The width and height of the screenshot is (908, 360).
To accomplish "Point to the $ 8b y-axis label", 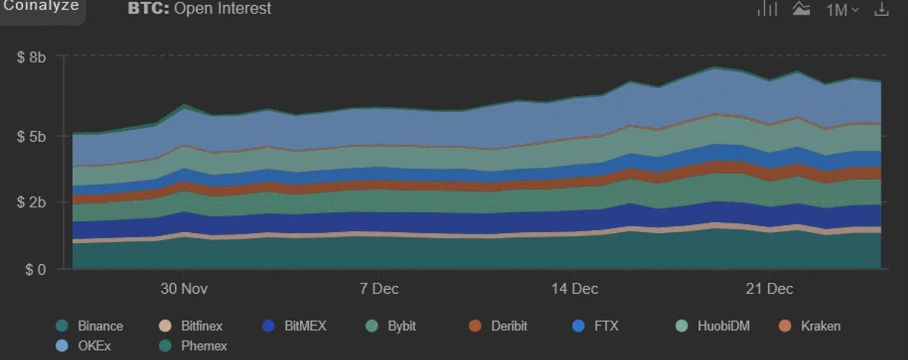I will (31, 57).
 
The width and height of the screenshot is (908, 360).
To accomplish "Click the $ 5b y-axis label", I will (31, 137).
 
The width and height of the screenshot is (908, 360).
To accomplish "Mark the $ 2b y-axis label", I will (31, 203).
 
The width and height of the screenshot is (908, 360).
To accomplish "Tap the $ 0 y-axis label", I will (35, 270).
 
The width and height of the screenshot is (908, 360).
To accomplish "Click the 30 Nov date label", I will (184, 289).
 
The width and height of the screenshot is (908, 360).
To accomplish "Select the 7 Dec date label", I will (379, 289).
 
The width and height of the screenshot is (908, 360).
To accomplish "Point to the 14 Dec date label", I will (574, 289).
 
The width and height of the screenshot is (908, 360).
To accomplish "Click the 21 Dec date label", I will (769, 289).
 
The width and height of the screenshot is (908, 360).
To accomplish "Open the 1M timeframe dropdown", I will (842, 10).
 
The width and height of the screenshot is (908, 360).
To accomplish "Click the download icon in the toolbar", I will (881, 9).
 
